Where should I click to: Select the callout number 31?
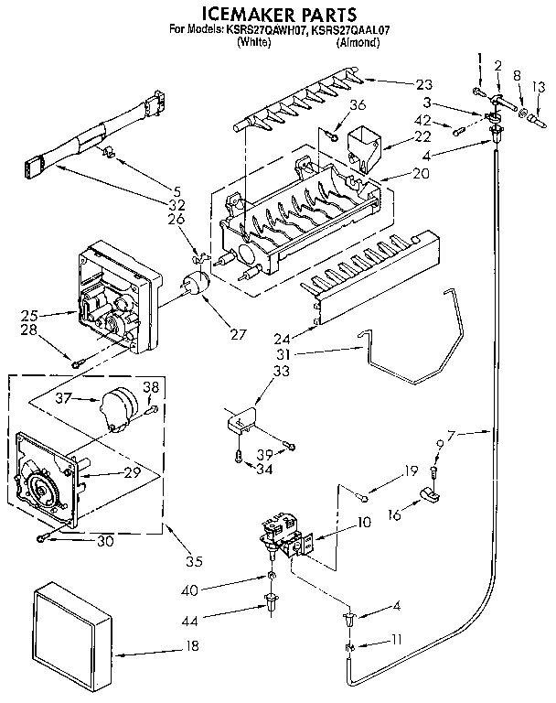[x=286, y=353]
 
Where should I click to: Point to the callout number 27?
[x=239, y=334]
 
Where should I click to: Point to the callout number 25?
[x=30, y=316]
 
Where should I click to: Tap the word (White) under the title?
[x=253, y=42]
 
